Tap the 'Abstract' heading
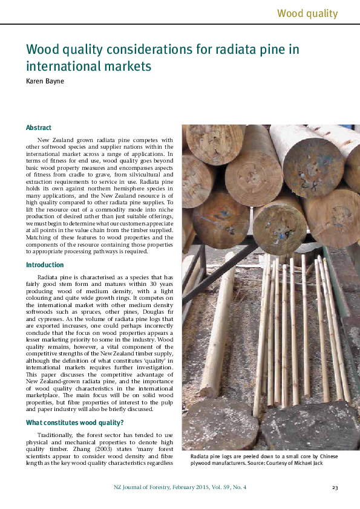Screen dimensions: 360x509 click(38, 128)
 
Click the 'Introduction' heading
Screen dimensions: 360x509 click(44, 265)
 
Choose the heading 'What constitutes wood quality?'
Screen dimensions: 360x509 click(74, 422)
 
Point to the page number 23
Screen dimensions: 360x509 click(335, 487)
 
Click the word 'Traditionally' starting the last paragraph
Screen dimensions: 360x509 click(57, 435)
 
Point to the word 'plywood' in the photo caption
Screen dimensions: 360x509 click(203, 462)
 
